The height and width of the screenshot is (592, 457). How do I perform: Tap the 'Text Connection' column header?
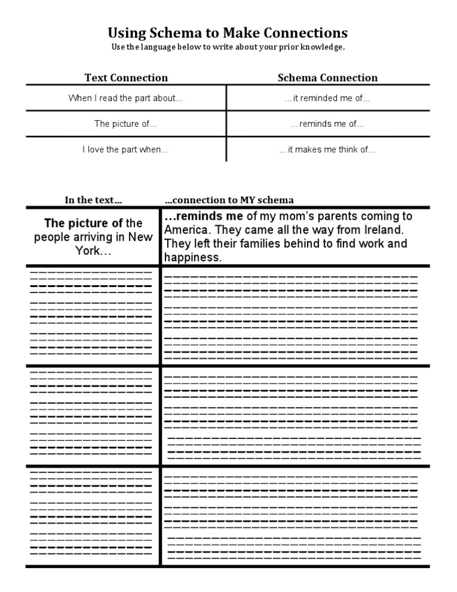click(x=126, y=77)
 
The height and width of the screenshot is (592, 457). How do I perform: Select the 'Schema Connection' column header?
click(x=327, y=77)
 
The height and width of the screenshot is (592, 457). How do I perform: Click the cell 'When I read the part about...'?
click(x=126, y=98)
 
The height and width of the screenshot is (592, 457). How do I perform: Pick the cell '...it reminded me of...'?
click(x=327, y=98)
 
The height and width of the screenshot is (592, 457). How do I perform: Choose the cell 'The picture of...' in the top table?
click(x=126, y=124)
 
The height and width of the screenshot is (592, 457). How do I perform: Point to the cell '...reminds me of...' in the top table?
click(x=327, y=124)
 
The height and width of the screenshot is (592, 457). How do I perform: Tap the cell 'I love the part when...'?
click(x=126, y=149)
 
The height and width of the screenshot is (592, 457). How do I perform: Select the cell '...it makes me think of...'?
click(x=327, y=149)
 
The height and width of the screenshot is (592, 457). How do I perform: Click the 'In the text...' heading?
click(x=93, y=200)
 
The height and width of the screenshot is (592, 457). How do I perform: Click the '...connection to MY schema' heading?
click(x=229, y=200)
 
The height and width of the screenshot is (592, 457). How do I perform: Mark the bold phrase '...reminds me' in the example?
click(x=203, y=216)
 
